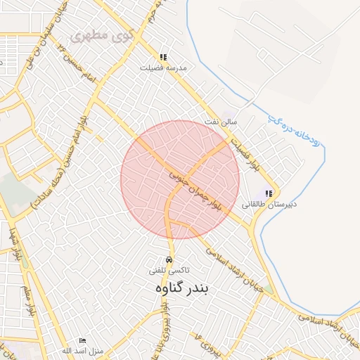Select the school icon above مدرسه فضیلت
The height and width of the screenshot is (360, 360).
coord(163,57)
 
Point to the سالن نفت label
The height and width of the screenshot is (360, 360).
coord(220,122)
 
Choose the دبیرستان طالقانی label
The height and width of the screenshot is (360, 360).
coord(269,204)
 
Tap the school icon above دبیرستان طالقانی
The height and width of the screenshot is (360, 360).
coord(268,193)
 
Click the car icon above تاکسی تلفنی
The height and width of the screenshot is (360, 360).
coord(169,259)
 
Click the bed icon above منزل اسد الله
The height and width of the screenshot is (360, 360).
coord(83,340)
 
